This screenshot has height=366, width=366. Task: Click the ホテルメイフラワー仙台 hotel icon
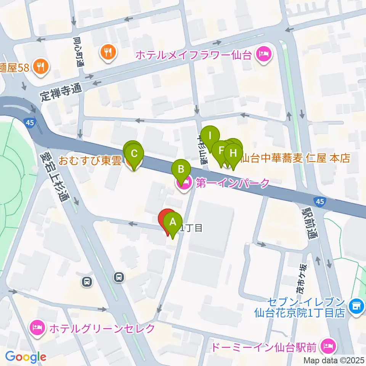tap(263, 54)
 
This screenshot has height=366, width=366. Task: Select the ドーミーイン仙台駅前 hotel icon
tap(328, 346)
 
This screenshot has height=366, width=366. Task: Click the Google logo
tap(26, 357)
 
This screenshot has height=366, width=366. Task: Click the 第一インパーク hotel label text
tap(233, 183)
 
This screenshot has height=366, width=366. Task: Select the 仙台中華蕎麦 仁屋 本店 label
tap(296, 157)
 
